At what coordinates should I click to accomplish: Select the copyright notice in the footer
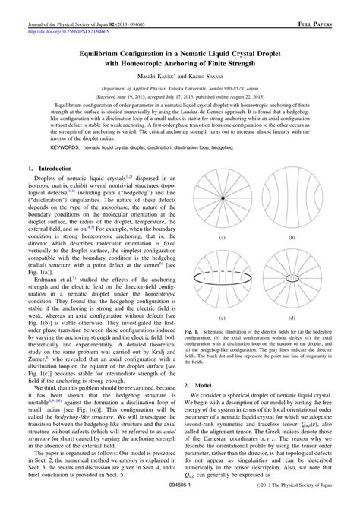[x=294, y=502]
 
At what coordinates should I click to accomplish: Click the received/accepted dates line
[x=180, y=97]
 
